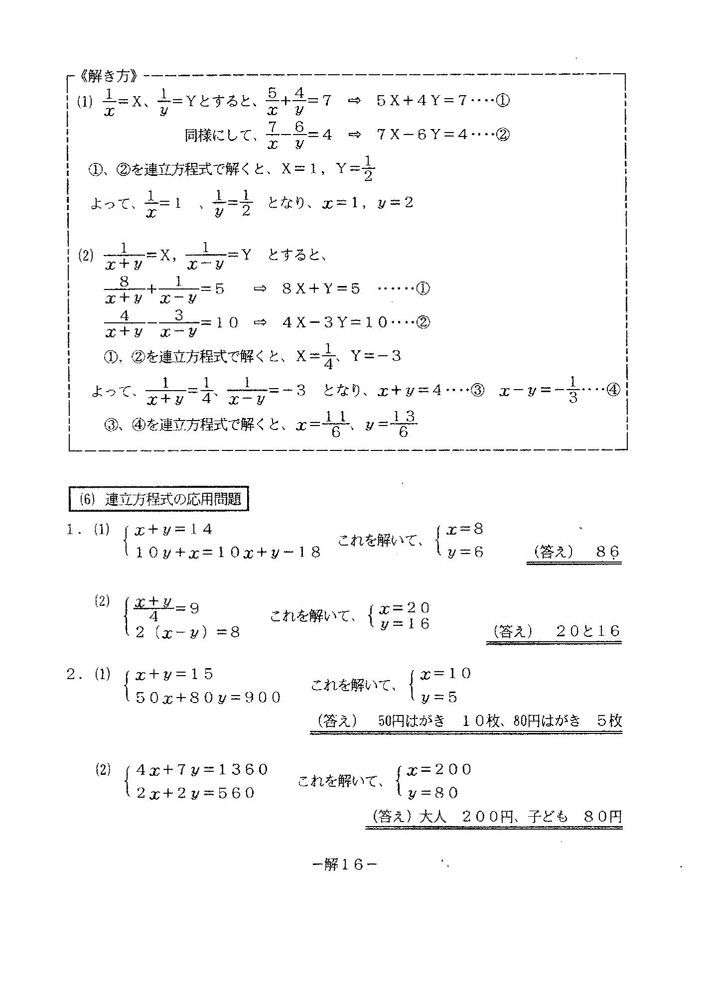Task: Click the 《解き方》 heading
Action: coord(107,77)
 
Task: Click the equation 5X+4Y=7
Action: coord(421,101)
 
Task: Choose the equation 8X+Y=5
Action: coord(321,289)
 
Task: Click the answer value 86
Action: coord(607,552)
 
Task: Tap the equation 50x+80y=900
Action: coord(208,698)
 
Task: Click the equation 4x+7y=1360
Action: coord(202,770)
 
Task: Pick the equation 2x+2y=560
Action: coord(195,793)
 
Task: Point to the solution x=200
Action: coord(438,770)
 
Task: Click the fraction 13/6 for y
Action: coord(403,424)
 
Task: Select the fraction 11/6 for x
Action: coord(335,424)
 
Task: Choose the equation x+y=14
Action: coord(173,530)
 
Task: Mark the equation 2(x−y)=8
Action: coord(187,632)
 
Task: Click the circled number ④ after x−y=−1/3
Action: coord(613,391)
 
